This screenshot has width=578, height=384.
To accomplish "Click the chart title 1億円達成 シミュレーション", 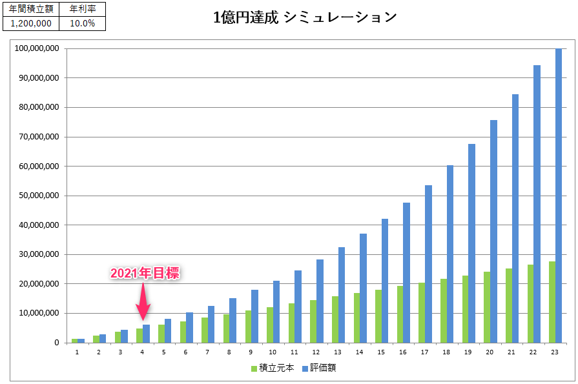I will click(305, 17).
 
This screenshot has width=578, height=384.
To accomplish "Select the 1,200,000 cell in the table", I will click(31, 23).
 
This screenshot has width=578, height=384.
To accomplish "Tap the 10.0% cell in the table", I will click(82, 23).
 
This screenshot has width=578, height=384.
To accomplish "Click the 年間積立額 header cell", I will click(31, 9).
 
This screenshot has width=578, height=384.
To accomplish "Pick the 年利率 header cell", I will click(82, 9).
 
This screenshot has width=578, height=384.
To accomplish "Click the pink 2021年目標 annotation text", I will click(144, 274).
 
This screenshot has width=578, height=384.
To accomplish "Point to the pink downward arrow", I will click(143, 303).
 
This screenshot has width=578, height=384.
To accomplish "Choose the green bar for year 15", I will click(378, 316).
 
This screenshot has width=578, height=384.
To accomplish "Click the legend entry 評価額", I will click(319, 369).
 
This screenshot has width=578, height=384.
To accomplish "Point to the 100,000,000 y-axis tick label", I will click(36, 48).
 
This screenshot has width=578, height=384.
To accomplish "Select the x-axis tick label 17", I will click(424, 352).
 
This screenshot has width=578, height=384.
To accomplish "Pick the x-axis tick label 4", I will click(142, 352).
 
